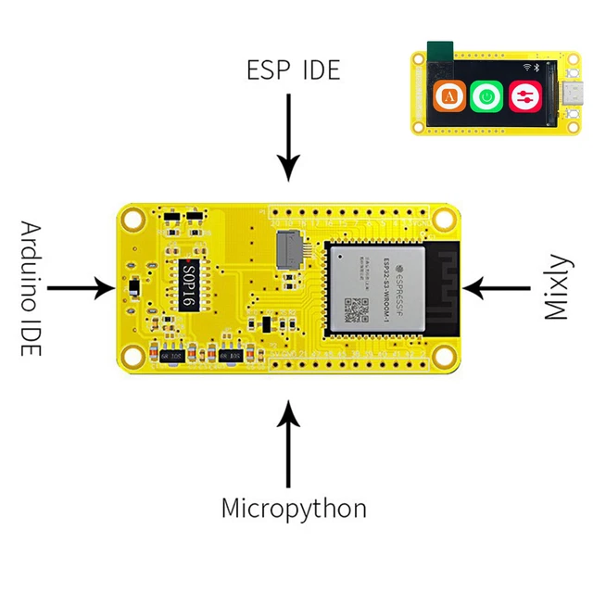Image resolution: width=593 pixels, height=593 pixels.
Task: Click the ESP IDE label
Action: [x=293, y=69]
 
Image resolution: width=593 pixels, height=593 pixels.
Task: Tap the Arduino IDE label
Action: [x=30, y=288]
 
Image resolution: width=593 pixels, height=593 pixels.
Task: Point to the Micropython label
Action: [x=293, y=508]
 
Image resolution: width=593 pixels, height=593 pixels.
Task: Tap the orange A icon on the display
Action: [x=450, y=95]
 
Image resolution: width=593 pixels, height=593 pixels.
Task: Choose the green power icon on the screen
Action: [x=486, y=95]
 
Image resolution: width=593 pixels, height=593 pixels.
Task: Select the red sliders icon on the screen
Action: [x=524, y=95]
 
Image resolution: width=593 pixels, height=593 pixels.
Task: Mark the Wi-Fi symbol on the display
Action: [x=527, y=68]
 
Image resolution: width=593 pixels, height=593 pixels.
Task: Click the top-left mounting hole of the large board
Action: [x=134, y=220]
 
